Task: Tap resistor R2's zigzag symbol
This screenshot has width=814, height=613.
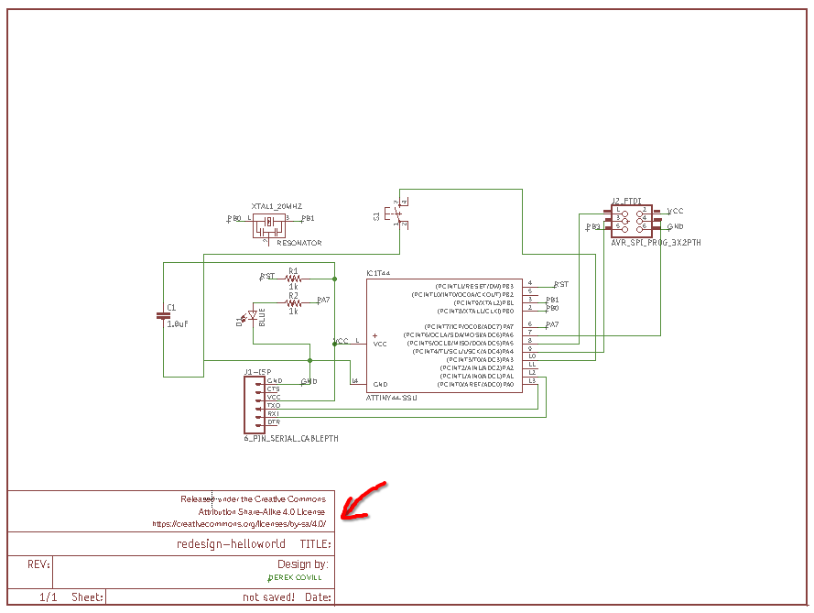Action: (x=293, y=303)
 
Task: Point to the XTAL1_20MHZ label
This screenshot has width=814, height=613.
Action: (x=277, y=207)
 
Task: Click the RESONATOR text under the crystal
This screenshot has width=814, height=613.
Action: (x=298, y=243)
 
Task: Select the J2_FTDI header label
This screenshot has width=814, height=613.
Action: (x=626, y=200)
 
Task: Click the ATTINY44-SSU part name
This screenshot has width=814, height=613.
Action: (x=391, y=398)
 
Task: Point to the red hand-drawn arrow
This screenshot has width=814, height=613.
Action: (x=364, y=500)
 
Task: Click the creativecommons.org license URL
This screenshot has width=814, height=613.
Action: (x=239, y=524)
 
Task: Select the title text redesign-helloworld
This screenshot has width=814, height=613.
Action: (x=231, y=544)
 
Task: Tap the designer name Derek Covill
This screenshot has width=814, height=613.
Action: (x=296, y=579)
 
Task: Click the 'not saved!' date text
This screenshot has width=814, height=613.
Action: (x=268, y=597)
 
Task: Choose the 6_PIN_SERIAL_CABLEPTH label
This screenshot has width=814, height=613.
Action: (x=291, y=439)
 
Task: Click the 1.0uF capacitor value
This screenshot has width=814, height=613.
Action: (x=178, y=324)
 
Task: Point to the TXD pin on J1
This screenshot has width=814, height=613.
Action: (x=274, y=405)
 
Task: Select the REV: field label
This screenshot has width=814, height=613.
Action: (x=38, y=564)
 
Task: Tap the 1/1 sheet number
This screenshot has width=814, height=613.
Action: (x=49, y=597)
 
